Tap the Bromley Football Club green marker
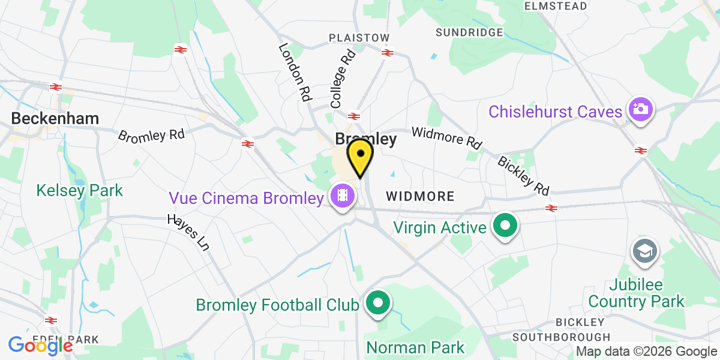[x=377, y=304]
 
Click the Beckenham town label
[x=55, y=118]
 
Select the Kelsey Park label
[x=79, y=191]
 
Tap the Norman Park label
[x=415, y=347]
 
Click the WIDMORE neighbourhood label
[x=420, y=196]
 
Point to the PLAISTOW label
[x=359, y=38]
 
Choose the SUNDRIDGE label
[x=469, y=32]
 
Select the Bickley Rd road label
[x=523, y=175]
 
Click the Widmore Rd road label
[x=446, y=138]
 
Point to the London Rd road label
[x=295, y=71]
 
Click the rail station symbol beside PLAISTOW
[x=387, y=53]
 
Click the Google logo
[x=40, y=346]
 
